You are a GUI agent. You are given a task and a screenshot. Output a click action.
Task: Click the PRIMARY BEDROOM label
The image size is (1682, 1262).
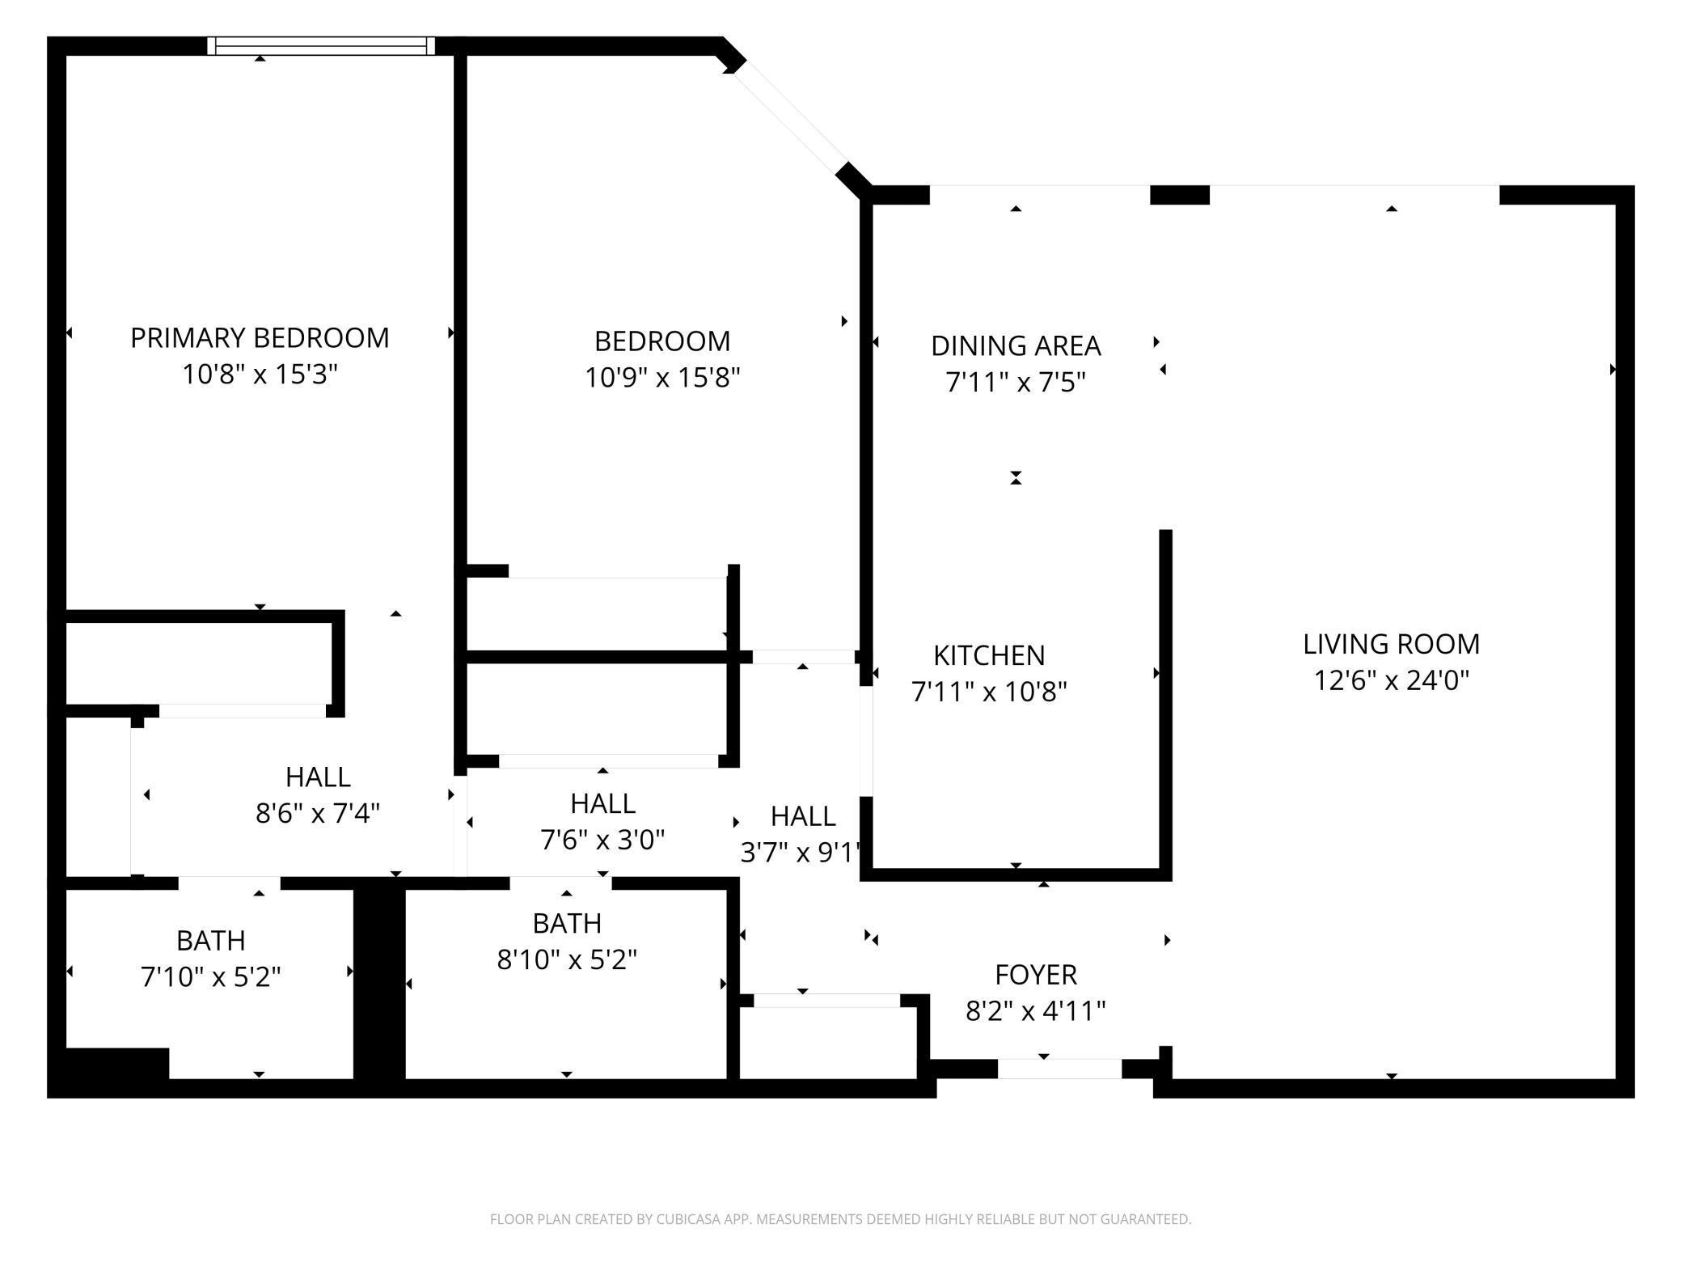(x=260, y=338)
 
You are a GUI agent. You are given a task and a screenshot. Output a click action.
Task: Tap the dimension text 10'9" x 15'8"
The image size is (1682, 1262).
(x=662, y=378)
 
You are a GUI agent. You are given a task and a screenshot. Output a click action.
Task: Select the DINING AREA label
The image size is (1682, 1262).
(x=1016, y=346)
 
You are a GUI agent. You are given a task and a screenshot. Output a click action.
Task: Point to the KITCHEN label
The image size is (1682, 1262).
(x=989, y=655)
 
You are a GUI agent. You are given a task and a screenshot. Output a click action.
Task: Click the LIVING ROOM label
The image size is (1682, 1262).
(x=1391, y=644)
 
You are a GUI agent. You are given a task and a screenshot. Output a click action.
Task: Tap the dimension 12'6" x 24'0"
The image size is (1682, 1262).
(x=1391, y=681)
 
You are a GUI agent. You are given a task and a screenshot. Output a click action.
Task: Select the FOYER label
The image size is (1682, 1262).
(x=1036, y=975)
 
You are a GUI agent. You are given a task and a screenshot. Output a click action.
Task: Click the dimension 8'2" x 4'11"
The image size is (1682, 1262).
(x=1036, y=1011)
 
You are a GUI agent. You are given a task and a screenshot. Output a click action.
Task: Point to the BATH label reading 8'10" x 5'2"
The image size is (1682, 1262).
(x=567, y=923)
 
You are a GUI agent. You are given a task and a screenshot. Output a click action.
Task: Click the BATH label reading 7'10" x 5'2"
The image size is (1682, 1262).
(x=211, y=941)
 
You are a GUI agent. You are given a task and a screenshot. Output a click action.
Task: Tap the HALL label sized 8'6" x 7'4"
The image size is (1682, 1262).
(x=318, y=777)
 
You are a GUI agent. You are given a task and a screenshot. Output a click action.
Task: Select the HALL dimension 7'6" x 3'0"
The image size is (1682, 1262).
(x=602, y=841)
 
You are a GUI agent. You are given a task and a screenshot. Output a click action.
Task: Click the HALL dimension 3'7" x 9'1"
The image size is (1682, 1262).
(x=801, y=853)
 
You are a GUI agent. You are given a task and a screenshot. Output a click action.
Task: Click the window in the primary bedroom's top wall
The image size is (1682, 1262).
(x=321, y=46)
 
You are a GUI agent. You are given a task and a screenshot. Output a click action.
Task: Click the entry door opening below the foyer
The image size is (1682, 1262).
(x=1059, y=1069)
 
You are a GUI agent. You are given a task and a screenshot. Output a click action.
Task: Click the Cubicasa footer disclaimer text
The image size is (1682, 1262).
(x=840, y=1219)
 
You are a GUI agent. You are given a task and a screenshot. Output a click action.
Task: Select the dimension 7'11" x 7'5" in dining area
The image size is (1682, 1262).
(x=1016, y=383)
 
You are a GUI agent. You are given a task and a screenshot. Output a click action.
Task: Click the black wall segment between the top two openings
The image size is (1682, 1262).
(x=1179, y=195)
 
